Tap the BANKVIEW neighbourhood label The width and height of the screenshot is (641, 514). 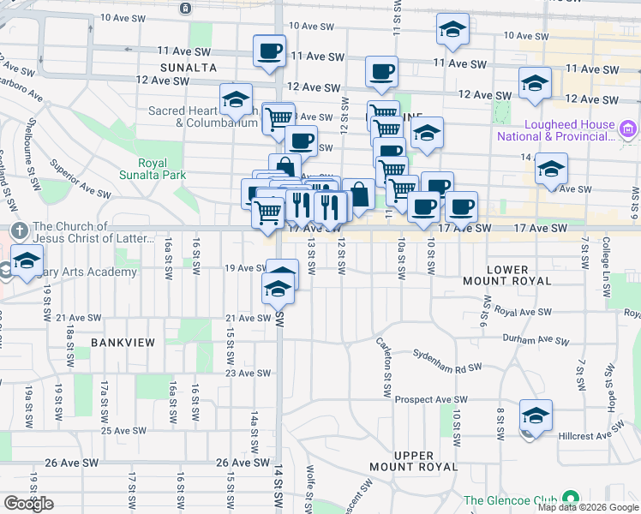click(123, 343)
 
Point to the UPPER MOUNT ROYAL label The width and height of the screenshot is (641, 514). click(415, 461)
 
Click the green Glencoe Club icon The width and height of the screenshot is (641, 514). click(569, 499)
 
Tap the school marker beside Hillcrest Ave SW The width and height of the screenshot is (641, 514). click(536, 415)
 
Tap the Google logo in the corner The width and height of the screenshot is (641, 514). click(29, 504)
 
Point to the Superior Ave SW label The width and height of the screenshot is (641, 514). click(81, 178)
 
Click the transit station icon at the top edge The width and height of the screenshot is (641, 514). click(186, 8)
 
